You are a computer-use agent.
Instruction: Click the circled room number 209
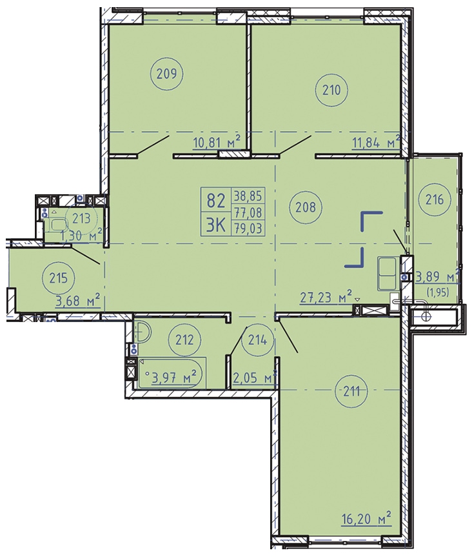click(x=167, y=74)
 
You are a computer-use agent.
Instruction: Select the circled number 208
click(x=305, y=207)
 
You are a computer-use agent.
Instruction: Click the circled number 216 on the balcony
click(x=435, y=199)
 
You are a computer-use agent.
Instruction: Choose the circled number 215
click(x=58, y=278)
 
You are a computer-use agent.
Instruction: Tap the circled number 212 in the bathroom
click(x=185, y=340)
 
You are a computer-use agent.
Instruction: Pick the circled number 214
click(x=257, y=340)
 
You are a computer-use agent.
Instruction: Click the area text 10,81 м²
click(x=217, y=143)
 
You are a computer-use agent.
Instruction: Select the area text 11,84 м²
click(x=376, y=143)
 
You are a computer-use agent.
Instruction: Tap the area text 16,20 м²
click(x=367, y=519)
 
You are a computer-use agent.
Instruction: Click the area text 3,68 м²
click(x=78, y=301)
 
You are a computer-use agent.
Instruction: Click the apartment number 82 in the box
click(x=216, y=201)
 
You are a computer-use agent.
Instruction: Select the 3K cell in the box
click(x=216, y=225)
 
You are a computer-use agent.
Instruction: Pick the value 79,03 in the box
click(x=248, y=228)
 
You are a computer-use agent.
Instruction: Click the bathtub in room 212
click(x=172, y=372)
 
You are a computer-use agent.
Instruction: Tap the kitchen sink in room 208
click(x=387, y=274)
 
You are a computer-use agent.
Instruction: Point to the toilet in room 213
click(x=59, y=224)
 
